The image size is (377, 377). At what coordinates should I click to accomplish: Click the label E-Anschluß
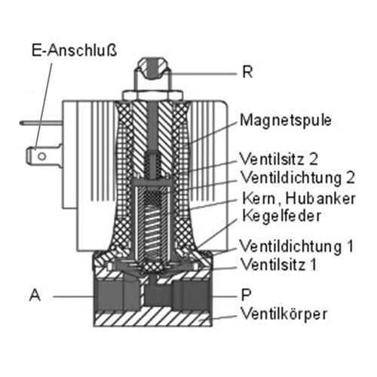(75, 51)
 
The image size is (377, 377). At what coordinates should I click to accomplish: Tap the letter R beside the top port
(247, 72)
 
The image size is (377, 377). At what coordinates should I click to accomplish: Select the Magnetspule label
(286, 121)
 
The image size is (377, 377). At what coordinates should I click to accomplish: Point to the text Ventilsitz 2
(279, 159)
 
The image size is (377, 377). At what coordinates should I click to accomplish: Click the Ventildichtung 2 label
(298, 177)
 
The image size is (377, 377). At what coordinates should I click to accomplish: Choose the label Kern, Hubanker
(299, 198)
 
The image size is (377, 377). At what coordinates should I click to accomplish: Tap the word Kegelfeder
(281, 216)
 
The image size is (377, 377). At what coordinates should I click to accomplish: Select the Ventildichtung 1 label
(296, 246)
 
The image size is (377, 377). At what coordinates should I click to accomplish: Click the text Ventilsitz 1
(278, 264)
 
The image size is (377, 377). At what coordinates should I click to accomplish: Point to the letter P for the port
(247, 295)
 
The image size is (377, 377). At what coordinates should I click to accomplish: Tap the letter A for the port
(35, 295)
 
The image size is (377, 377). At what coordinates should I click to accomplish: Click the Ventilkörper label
(284, 314)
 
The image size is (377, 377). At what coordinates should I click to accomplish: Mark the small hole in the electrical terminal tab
(41, 157)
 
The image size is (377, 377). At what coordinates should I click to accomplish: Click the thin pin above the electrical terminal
(41, 123)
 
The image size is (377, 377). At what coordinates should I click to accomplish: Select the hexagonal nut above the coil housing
(152, 95)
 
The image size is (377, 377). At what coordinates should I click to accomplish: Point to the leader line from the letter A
(74, 296)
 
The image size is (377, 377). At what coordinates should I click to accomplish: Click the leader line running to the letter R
(202, 74)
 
